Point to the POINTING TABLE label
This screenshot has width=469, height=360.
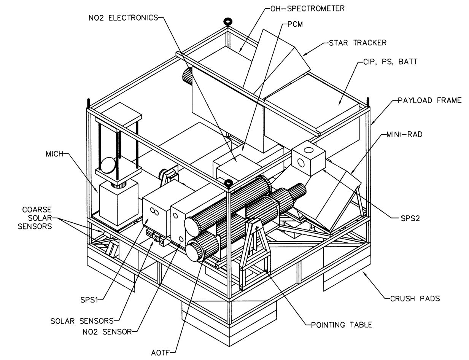341,325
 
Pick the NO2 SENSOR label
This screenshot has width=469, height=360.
107,331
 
